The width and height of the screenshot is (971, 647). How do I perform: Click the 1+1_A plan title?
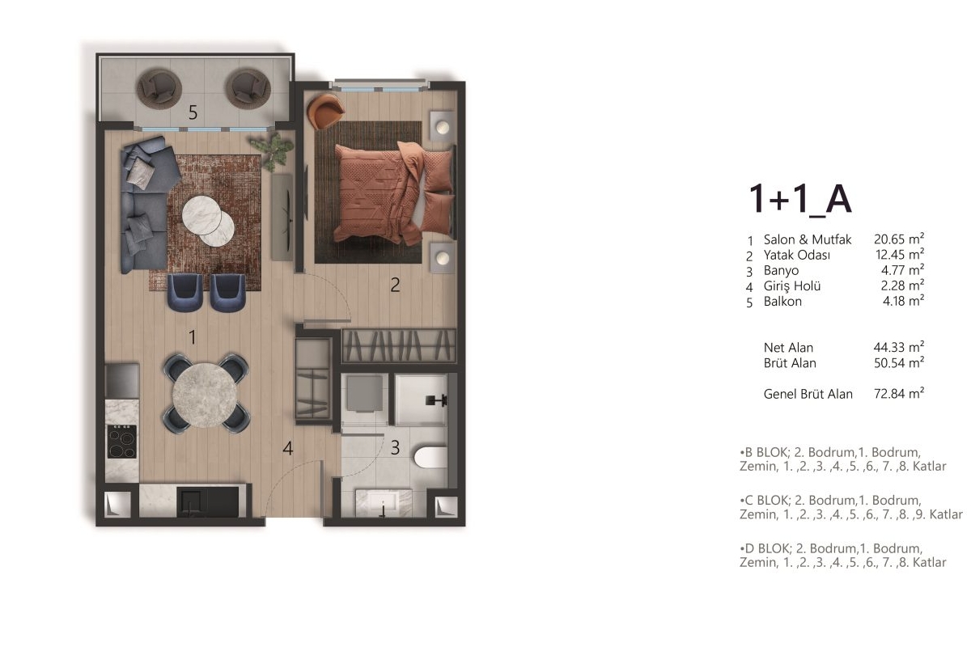point(800,199)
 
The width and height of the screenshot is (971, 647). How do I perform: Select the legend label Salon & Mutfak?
point(808,239)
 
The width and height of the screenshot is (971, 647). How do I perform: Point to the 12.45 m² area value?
point(900,255)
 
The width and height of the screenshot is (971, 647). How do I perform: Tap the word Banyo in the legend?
point(781,270)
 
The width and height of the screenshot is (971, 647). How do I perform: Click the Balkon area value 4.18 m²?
point(903,301)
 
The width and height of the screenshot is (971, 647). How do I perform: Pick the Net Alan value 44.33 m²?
point(899,347)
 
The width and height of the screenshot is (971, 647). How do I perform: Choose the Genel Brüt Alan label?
point(808,394)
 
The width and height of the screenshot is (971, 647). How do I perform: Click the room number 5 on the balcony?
point(193,112)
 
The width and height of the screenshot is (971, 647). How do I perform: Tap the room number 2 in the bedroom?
point(395,285)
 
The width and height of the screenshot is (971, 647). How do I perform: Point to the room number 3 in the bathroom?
point(395,448)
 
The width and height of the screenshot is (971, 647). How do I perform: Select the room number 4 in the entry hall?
point(287,449)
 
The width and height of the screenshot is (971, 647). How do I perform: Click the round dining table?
point(205,395)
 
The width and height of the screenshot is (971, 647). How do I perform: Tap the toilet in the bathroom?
point(430,458)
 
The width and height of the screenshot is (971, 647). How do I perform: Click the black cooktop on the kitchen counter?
point(122,442)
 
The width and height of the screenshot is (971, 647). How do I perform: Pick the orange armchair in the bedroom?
point(324,112)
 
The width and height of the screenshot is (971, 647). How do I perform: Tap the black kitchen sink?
point(208,502)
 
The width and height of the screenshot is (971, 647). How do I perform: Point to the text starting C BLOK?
point(851,507)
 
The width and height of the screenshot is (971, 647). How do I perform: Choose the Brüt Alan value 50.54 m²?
point(899,362)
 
